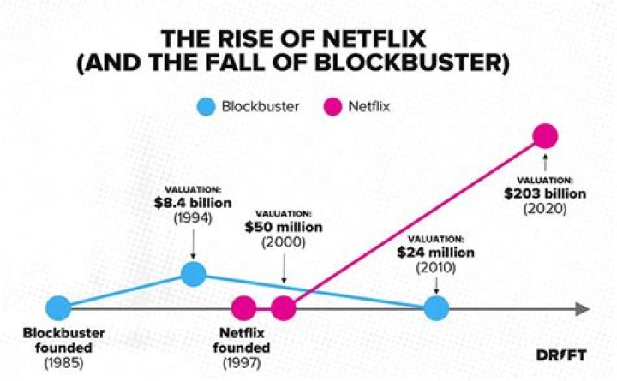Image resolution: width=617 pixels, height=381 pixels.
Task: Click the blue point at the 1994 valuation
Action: pyautogui.click(x=194, y=274)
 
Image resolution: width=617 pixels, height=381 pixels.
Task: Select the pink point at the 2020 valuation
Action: pyautogui.click(x=544, y=135)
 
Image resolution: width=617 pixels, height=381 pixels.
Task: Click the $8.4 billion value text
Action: pyautogui.click(x=193, y=202)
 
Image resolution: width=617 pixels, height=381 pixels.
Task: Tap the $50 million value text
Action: pyautogui.click(x=284, y=228)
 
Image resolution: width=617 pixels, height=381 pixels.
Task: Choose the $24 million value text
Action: pyautogui.click(x=435, y=253)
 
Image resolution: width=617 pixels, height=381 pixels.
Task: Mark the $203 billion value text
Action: pyautogui.click(x=545, y=193)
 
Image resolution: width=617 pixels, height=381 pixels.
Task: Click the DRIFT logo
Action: pyautogui.click(x=561, y=355)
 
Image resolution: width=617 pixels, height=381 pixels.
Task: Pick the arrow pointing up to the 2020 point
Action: pyautogui.click(x=545, y=163)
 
